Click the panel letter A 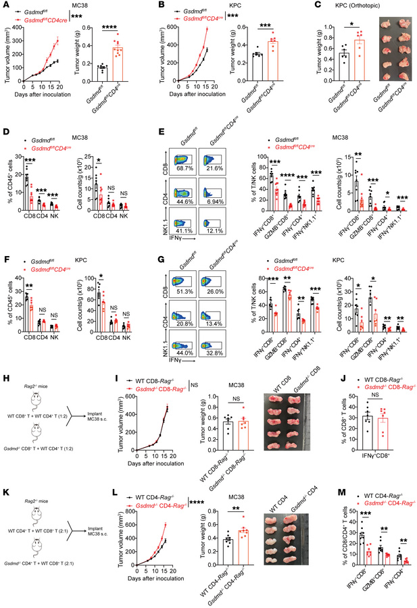pyautogui.click(x=5, y=5)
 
